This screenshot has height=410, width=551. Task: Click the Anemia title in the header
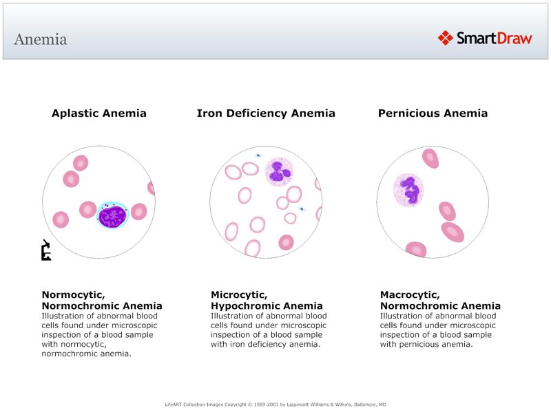(41, 39)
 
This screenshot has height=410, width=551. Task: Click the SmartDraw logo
(485, 38)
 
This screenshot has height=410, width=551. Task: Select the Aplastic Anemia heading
(99, 114)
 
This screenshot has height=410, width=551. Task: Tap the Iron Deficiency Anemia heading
(266, 114)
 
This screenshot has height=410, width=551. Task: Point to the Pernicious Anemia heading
(433, 114)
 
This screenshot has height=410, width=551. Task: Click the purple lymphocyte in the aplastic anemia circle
(112, 215)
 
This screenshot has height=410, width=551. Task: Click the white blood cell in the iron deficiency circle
(279, 172)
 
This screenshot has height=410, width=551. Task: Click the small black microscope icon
(46, 251)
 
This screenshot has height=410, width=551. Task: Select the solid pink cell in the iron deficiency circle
(286, 242)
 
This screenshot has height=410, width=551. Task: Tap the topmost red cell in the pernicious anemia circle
(430, 158)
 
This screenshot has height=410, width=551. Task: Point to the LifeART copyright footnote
(275, 404)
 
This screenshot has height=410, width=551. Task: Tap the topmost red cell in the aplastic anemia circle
(81, 163)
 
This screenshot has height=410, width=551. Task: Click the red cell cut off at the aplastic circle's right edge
(152, 188)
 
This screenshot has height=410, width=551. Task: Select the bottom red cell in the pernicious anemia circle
(416, 249)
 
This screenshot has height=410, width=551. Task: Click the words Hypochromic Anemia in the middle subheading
(267, 306)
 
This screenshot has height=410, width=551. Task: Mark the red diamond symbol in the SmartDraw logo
(446, 38)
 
